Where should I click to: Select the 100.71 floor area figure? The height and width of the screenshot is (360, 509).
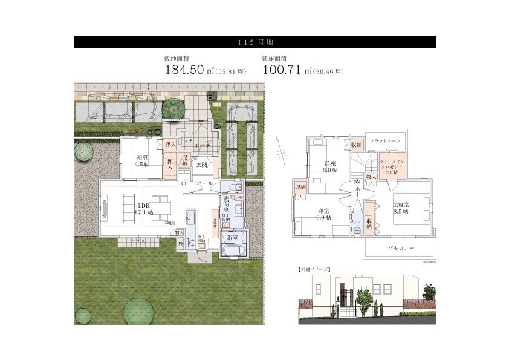coord(283,70)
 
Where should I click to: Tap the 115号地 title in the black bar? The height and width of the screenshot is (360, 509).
coord(254,42)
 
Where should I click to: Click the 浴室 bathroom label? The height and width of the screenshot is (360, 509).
coord(232,239)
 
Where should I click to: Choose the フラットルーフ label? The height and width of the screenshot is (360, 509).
coord(386,140)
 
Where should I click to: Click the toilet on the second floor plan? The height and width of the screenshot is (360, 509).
coord(357,225)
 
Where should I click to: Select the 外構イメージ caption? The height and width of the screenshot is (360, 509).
coord(314,267)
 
